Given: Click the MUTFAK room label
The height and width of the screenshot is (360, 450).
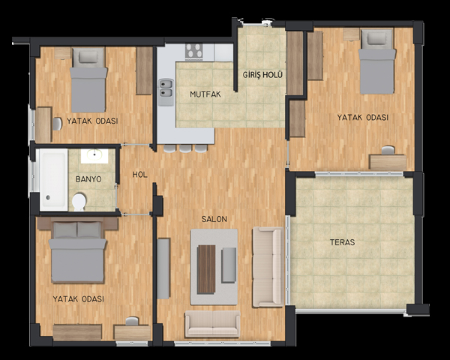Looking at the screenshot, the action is (205, 94).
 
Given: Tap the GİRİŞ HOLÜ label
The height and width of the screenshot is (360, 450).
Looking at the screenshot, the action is (262, 75).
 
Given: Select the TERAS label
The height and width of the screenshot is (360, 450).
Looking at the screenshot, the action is (343, 242).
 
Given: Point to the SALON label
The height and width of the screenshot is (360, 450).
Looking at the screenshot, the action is (214, 219).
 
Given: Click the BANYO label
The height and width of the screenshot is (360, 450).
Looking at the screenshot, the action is (88, 179).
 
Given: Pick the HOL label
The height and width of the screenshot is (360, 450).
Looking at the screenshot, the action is (140, 175).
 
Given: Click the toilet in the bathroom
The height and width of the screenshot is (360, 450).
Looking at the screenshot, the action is (79, 202).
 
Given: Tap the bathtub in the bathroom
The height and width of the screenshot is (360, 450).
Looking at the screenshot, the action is (54, 179).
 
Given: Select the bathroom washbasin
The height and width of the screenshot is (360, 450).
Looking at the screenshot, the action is (94, 156).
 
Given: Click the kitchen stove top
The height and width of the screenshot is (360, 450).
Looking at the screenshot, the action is (193, 52).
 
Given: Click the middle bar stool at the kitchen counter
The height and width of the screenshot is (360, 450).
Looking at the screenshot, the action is (185, 148).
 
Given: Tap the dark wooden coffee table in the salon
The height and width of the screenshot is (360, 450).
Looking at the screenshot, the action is (206, 269).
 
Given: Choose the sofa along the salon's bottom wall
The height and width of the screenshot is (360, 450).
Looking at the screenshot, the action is (212, 323).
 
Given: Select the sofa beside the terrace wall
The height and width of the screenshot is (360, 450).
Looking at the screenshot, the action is (268, 267).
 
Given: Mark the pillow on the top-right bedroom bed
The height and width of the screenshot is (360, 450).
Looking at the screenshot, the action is (376, 38).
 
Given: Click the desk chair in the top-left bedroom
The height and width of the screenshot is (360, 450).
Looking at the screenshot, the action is (57, 124).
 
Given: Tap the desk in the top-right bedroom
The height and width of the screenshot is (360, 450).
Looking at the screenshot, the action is (388, 163).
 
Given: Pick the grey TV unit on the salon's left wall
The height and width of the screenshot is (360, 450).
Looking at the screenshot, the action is (163, 268).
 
